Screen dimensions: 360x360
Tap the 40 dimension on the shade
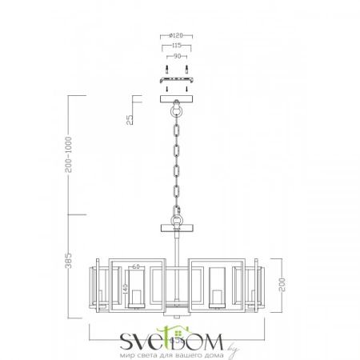tap(126, 286)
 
